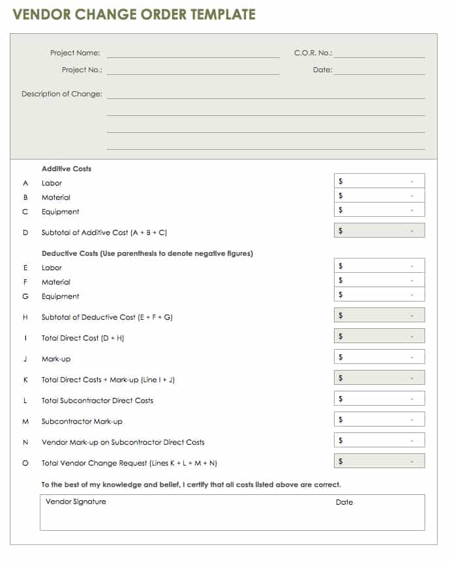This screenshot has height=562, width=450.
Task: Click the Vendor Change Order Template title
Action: click(134, 14)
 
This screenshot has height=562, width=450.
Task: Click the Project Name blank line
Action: click(193, 55)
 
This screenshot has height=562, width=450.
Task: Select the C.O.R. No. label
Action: click(313, 53)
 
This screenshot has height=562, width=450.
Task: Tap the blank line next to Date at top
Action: click(379, 72)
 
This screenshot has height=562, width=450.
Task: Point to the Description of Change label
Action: click(62, 94)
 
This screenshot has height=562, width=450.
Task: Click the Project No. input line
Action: click(193, 72)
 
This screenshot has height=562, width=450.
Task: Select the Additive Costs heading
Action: click(67, 169)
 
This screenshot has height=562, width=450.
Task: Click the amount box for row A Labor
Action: click(379, 181)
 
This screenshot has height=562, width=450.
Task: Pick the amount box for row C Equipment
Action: click(379, 210)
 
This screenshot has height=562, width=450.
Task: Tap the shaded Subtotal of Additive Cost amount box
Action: click(379, 231)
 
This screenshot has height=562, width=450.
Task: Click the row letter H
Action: click(25, 317)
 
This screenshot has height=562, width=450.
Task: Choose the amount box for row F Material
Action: click(379, 280)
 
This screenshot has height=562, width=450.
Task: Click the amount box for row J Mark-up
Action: click(379, 357)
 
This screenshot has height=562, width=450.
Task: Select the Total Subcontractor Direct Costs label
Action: click(97, 400)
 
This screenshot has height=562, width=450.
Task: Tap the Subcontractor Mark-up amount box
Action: click(379, 419)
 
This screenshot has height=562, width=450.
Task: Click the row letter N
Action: click(25, 442)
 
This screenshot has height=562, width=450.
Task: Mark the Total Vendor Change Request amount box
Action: click(379, 461)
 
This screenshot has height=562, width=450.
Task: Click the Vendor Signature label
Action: click(76, 502)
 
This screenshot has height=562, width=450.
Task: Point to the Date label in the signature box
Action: click(344, 502)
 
